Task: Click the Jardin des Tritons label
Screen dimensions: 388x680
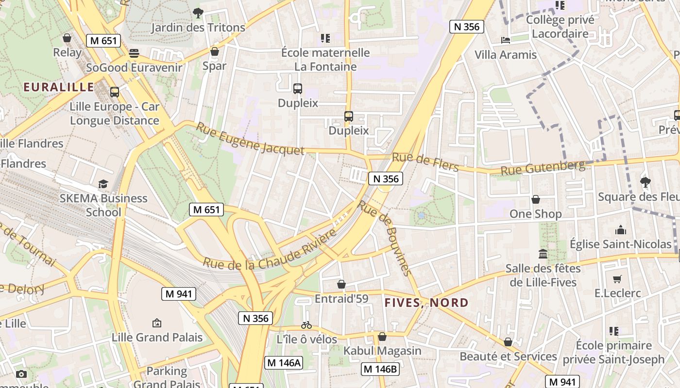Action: [198, 28]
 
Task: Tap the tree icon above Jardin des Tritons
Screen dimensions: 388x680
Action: [198, 13]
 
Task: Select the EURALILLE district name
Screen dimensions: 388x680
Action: [59, 87]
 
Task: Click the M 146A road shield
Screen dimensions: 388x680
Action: [284, 362]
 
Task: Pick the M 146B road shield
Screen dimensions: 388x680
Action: [380, 369]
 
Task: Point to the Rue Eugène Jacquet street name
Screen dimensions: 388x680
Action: [250, 139]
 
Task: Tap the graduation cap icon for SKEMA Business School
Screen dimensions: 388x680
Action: [103, 184]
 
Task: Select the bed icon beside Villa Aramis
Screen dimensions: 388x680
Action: [506, 40]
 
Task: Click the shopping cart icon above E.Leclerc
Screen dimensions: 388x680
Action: [617, 279]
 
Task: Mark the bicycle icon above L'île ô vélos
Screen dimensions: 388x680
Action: [306, 325]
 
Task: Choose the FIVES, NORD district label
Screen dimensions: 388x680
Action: [426, 303]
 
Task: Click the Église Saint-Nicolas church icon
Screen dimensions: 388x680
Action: [620, 230]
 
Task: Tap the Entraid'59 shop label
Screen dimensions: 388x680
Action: [341, 298]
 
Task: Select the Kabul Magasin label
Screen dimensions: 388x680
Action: [382, 350]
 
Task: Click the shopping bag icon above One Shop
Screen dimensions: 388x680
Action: [535, 199]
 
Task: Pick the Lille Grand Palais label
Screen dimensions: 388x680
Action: [157, 337]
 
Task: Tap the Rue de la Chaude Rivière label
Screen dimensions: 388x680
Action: [270, 250]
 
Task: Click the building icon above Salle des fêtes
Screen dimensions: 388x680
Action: [543, 254]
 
